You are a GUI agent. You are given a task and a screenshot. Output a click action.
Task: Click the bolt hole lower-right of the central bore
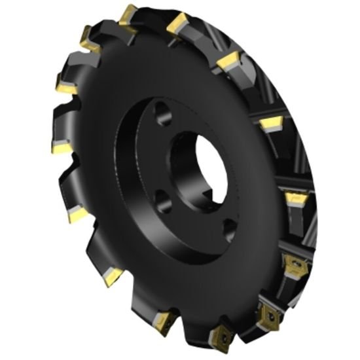(229, 226)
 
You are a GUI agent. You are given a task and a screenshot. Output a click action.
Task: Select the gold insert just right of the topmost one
(177, 24)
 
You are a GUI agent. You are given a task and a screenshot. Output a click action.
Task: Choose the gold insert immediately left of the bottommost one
(164, 320)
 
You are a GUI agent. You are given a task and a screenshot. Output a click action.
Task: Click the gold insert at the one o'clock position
(228, 62)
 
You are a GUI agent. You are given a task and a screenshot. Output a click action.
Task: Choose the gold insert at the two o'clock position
(270, 122)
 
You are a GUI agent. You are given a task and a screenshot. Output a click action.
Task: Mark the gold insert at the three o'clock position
(295, 196)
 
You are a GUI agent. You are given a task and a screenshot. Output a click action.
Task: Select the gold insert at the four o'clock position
(291, 262)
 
